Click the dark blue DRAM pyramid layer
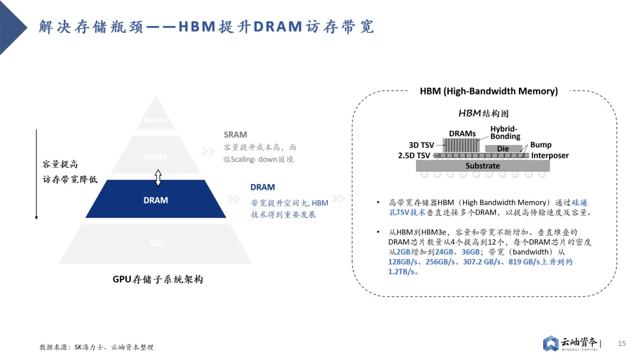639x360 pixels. pyautogui.click(x=156, y=200)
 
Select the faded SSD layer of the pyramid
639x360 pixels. pyautogui.click(x=156, y=243)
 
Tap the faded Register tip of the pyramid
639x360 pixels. pyautogui.click(x=156, y=120)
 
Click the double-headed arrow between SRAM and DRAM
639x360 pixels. pyautogui.click(x=158, y=176)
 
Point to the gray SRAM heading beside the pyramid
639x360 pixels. pyautogui.click(x=235, y=135)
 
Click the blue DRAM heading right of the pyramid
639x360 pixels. pyautogui.click(x=262, y=187)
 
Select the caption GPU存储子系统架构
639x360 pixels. pyautogui.click(x=158, y=279)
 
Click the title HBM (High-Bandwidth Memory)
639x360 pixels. pyautogui.click(x=489, y=91)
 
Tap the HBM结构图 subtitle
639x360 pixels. pyautogui.click(x=483, y=113)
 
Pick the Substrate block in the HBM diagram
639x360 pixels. pyautogui.click(x=483, y=166)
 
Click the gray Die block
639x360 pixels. pyautogui.click(x=503, y=149)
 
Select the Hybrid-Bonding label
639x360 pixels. pyautogui.click(x=505, y=133)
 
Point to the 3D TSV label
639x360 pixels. pyautogui.click(x=422, y=145)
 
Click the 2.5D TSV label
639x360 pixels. pyautogui.click(x=414, y=155)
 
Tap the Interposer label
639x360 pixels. pyautogui.click(x=550, y=156)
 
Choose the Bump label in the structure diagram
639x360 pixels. pyautogui.click(x=541, y=144)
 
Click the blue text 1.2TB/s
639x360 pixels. pyautogui.click(x=401, y=272)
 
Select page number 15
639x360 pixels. pyautogui.click(x=622, y=343)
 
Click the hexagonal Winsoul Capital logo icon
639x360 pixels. pyautogui.click(x=551, y=343)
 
